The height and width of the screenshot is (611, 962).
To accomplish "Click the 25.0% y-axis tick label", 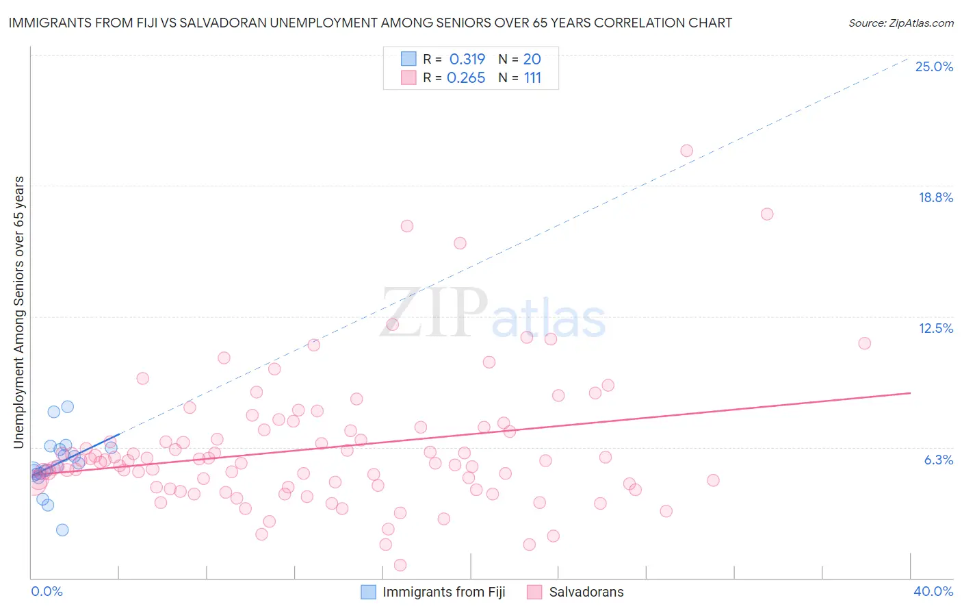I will [934, 66].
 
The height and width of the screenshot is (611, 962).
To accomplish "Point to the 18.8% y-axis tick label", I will [935, 197].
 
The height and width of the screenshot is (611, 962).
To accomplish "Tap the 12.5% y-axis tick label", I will [935, 328].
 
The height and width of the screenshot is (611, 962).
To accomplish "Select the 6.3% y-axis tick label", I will [938, 460].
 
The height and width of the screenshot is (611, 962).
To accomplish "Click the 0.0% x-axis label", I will [47, 591].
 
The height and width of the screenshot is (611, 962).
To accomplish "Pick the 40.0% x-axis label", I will [933, 591].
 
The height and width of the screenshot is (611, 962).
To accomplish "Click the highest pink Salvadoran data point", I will [686, 151].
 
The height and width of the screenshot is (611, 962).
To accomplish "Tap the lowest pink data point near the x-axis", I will [400, 565].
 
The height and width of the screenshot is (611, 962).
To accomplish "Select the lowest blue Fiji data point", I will [62, 529].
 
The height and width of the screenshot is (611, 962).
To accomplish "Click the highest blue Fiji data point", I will [67, 407].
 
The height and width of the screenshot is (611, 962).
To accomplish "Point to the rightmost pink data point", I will [864, 343].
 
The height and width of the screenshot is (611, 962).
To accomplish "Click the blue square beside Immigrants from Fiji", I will [368, 592].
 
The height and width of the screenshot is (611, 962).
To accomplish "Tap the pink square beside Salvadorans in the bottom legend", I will [534, 592].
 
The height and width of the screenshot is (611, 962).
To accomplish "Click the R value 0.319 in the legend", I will [467, 60].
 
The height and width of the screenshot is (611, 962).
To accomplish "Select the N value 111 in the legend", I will [532, 78].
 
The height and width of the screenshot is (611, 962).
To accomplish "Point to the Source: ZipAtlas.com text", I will [900, 23].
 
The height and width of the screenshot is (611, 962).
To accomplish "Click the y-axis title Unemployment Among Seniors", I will [18, 312].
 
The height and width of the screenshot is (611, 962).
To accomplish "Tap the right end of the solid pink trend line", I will [910, 393].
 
